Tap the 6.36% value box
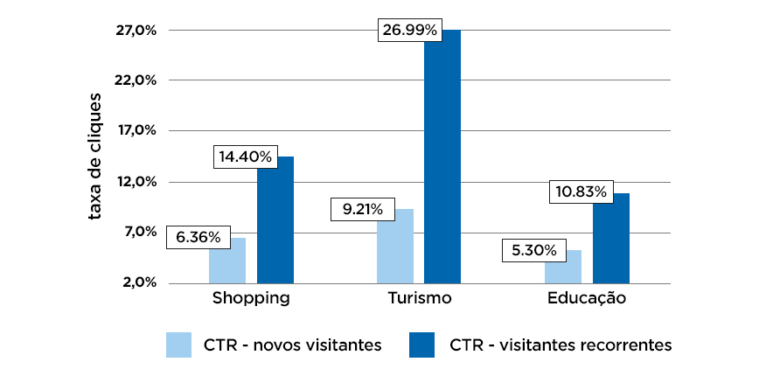click(x=198, y=237)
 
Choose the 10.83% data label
click(x=581, y=191)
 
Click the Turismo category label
click(x=419, y=299)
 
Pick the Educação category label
click(x=587, y=299)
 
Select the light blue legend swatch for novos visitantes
click(x=178, y=345)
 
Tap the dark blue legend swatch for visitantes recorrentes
click(x=421, y=345)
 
